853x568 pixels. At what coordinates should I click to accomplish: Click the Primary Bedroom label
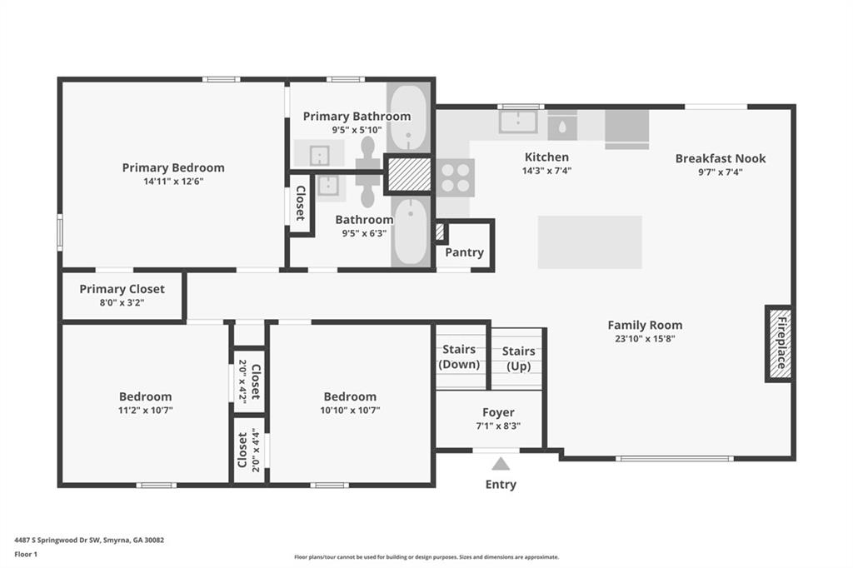(173, 167)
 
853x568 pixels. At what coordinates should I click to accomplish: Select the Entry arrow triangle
(501, 464)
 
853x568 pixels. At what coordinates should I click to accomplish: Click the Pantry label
(464, 252)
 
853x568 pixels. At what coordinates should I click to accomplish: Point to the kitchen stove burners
(456, 178)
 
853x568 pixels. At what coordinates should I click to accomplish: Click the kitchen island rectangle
(590, 242)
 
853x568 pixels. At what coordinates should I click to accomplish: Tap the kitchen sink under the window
(518, 122)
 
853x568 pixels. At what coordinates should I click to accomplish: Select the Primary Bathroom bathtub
(408, 117)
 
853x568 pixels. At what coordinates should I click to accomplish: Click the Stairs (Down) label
(459, 357)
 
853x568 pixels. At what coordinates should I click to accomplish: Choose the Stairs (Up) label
(518, 358)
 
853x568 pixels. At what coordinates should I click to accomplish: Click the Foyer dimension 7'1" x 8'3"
(498, 426)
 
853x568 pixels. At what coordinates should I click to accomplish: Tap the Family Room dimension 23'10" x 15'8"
(645, 338)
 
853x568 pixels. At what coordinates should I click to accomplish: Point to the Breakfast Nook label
(721, 158)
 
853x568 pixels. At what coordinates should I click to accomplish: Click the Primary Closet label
(122, 289)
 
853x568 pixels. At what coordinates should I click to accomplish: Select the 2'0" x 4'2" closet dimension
(242, 381)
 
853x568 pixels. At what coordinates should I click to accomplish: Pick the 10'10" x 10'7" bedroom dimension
(350, 411)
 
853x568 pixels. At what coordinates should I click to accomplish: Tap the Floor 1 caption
(26, 555)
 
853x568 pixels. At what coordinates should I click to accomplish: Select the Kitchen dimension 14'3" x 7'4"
(546, 171)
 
